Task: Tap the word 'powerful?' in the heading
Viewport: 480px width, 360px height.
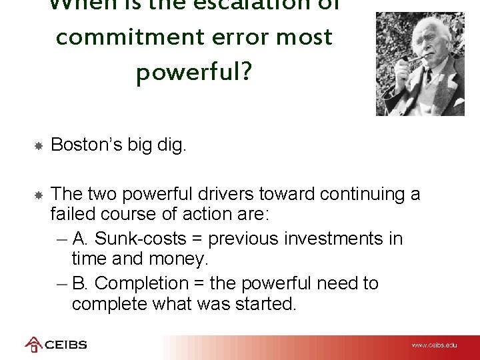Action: (x=194, y=73)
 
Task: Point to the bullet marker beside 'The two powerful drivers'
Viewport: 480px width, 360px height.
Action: (x=39, y=195)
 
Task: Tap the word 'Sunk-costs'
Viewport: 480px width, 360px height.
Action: (x=144, y=239)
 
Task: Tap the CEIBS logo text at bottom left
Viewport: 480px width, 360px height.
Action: (x=65, y=345)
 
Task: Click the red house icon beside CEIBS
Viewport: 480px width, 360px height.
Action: (x=33, y=345)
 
